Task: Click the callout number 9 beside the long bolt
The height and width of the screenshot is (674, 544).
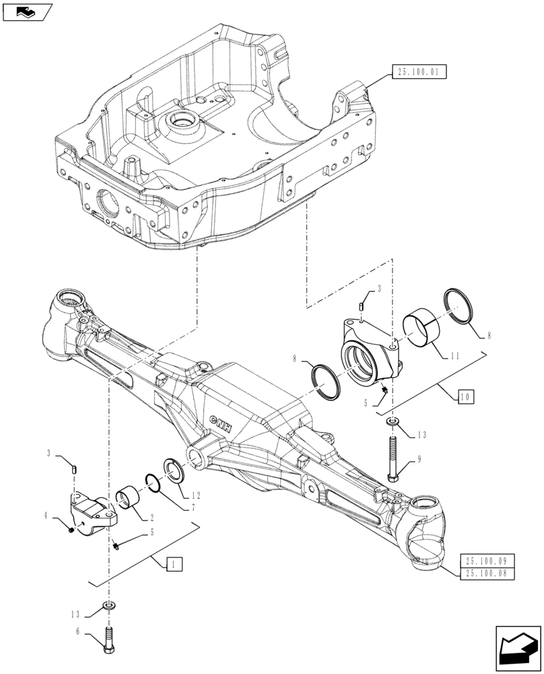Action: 419,460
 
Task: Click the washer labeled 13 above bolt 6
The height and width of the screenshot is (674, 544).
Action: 108,606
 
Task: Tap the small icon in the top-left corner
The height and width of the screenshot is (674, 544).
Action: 26,10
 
